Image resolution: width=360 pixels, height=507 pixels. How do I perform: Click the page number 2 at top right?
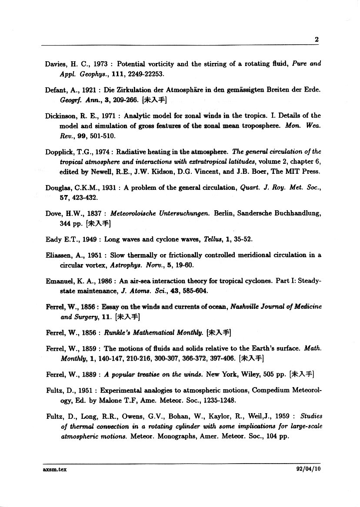(x=317, y=40)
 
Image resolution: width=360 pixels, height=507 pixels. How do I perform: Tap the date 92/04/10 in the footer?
(x=307, y=469)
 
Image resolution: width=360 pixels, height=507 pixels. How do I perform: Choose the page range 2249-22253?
(x=135, y=74)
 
